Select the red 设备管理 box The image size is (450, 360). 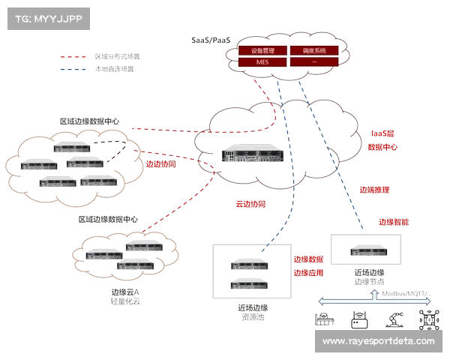click(262, 51)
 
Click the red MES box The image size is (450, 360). click(262, 62)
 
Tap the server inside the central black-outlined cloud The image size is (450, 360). click(245, 154)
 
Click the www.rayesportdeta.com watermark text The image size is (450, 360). click(378, 341)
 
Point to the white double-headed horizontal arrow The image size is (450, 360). click(375, 301)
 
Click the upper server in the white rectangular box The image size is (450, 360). click(250, 263)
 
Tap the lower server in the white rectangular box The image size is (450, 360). click(250, 283)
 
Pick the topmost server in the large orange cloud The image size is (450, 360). click(71, 144)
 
